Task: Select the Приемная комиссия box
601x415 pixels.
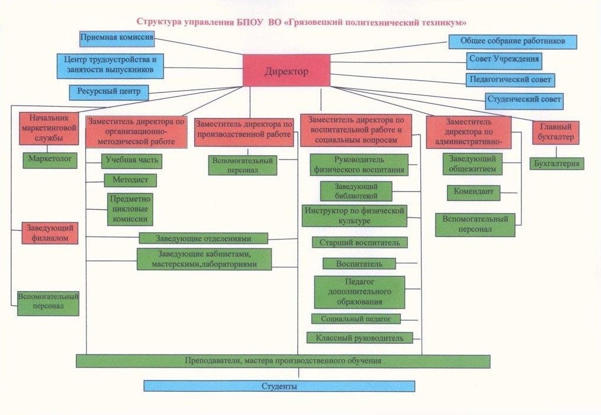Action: pyautogui.click(x=117, y=38)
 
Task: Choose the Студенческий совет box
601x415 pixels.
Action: pyautogui.click(x=523, y=100)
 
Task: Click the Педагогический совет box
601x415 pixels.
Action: pyautogui.click(x=510, y=79)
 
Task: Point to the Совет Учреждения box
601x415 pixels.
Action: pyautogui.click(x=504, y=59)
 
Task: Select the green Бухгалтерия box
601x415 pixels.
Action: pyautogui.click(x=557, y=163)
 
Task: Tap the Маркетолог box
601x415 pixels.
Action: pyautogui.click(x=50, y=159)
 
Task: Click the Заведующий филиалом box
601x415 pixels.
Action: pyautogui.click(x=50, y=233)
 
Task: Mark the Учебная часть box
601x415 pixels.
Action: pyautogui.click(x=131, y=160)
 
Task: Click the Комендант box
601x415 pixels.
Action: pyautogui.click(x=474, y=192)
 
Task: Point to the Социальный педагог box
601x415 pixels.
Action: pyautogui.click(x=356, y=319)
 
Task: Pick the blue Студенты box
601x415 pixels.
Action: pyautogui.click(x=279, y=387)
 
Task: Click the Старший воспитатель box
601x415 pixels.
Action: pyautogui.click(x=359, y=242)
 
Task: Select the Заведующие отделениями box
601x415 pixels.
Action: pyautogui.click(x=204, y=238)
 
